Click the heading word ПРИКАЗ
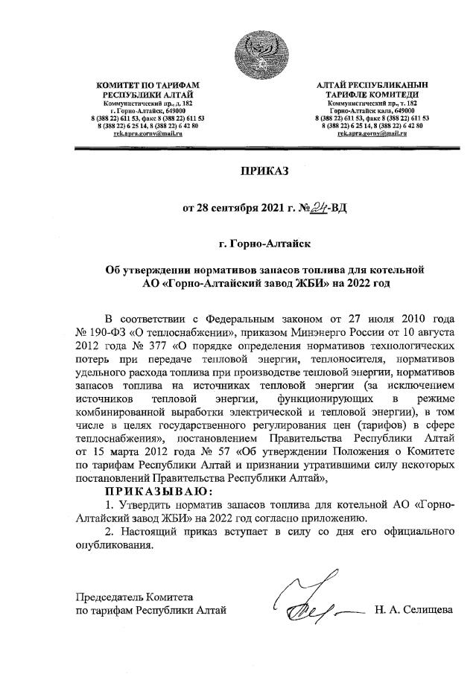tap(264, 171)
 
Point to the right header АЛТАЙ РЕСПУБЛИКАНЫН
tap(371, 88)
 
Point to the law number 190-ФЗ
tap(106, 328)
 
